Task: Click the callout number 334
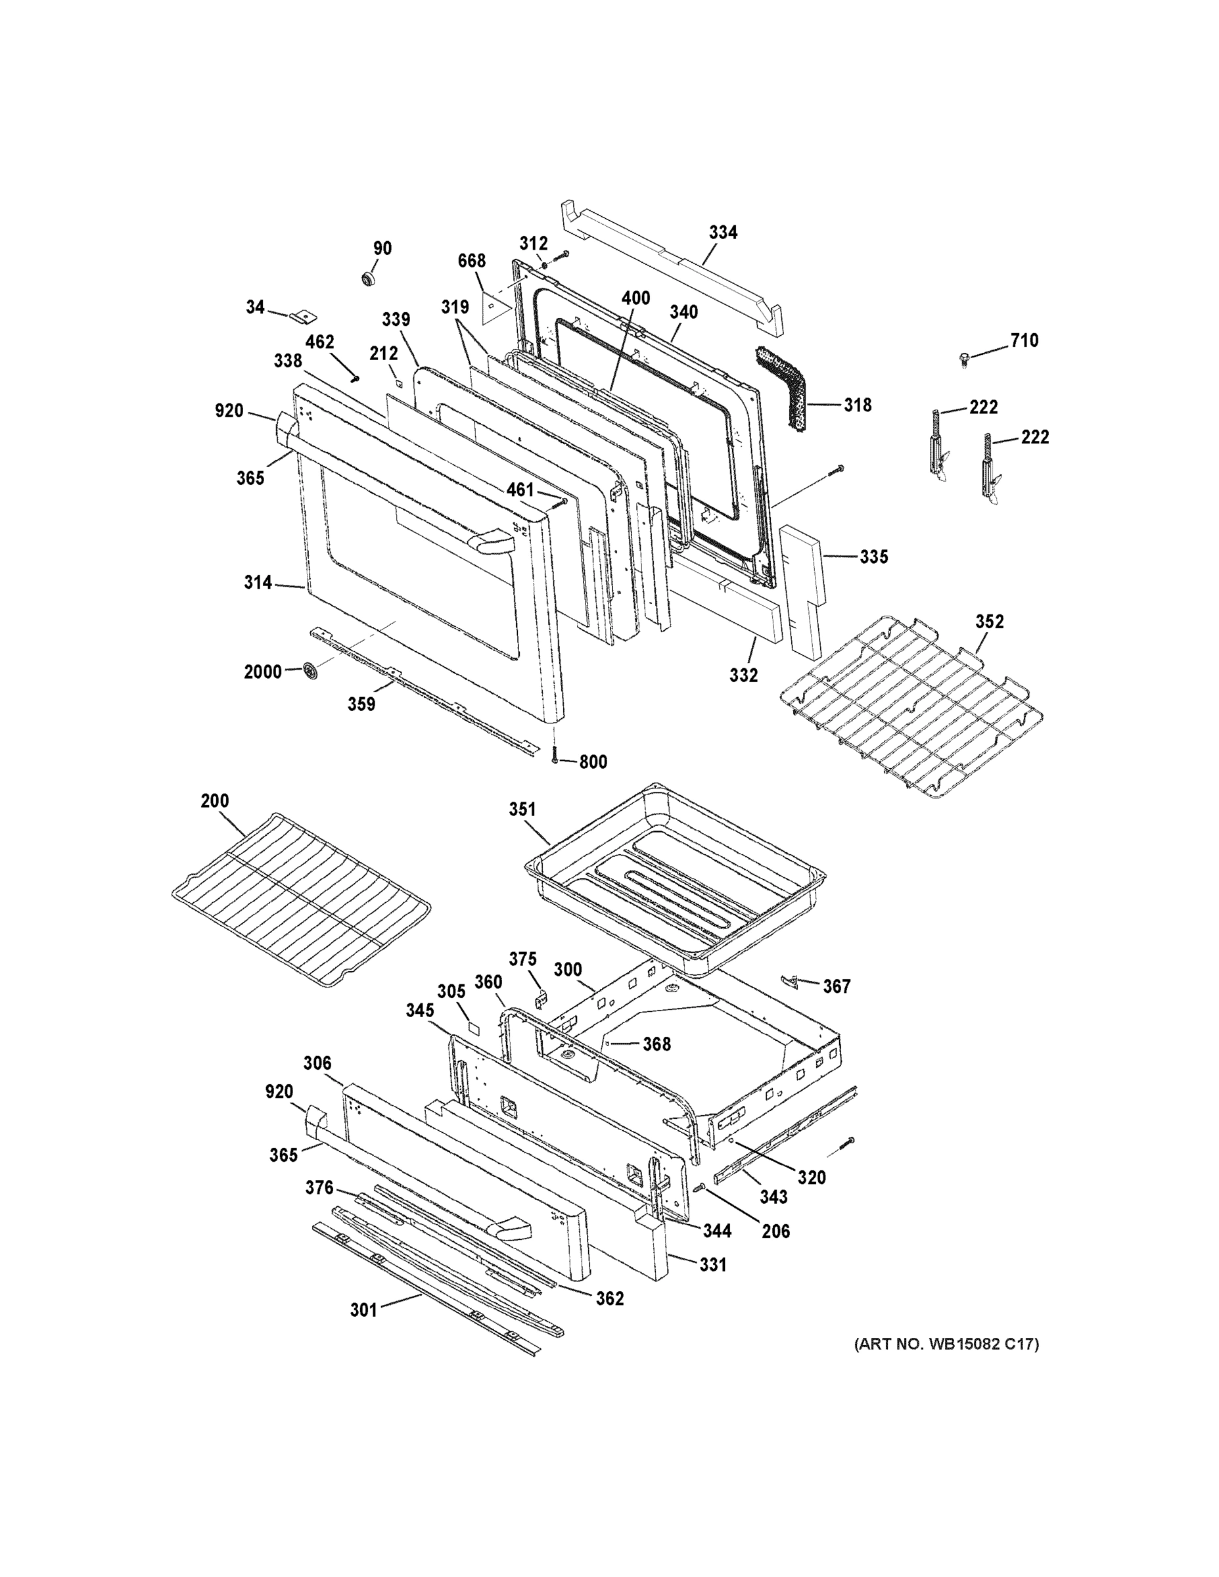(x=722, y=233)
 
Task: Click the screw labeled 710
(x=964, y=359)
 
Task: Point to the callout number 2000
(x=262, y=672)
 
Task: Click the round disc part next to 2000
(x=311, y=670)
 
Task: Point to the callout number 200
(x=214, y=801)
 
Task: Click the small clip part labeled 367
(x=791, y=980)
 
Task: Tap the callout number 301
(x=363, y=1310)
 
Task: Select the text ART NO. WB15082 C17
(x=946, y=1344)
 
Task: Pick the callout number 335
(x=873, y=557)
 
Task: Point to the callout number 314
(x=257, y=583)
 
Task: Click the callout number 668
(x=471, y=261)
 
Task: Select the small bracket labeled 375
(x=540, y=999)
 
